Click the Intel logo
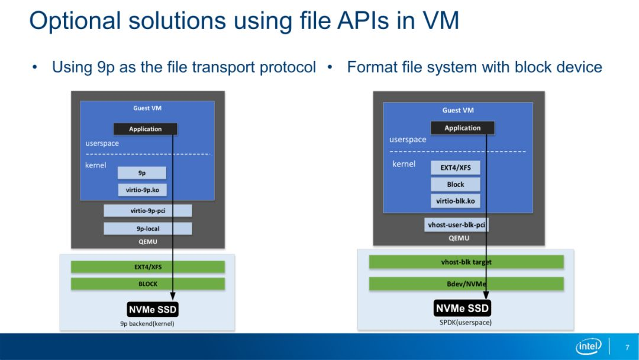(589, 346)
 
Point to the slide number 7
(627, 348)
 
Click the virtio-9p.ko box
(142, 190)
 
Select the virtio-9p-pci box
(147, 211)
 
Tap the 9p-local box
(147, 229)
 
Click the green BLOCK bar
(147, 284)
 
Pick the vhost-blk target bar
(466, 262)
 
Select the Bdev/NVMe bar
(466, 284)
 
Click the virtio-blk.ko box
(455, 201)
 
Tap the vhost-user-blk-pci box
(456, 224)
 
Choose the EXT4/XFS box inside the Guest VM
(455, 168)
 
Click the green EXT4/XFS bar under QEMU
(147, 267)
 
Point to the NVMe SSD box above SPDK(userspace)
(462, 308)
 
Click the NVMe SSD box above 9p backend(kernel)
(153, 310)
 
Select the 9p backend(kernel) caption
(147, 324)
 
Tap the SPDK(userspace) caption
(466, 323)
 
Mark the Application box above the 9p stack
(145, 129)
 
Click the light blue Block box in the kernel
(455, 184)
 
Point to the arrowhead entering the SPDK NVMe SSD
(486, 295)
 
